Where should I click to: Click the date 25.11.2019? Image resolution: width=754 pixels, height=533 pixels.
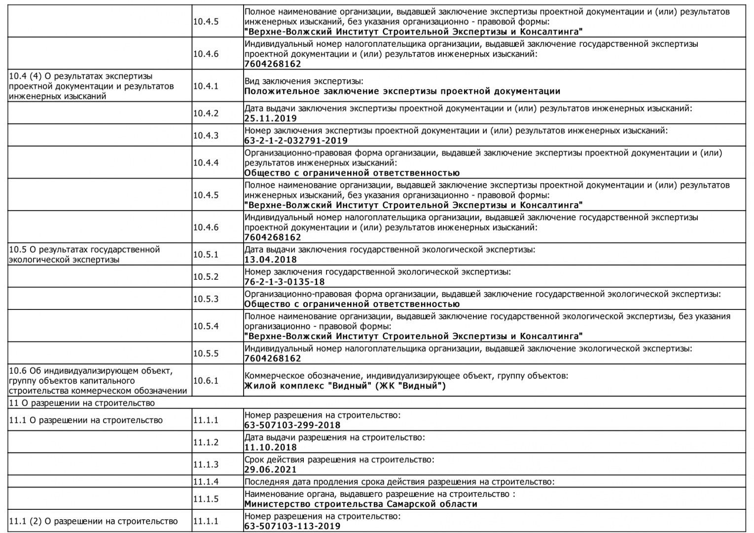[x=271, y=118]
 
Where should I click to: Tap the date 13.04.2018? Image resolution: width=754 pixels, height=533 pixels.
[x=271, y=260]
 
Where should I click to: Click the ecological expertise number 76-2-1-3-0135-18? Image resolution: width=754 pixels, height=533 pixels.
[x=285, y=282]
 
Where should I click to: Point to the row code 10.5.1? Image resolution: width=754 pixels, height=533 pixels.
[x=206, y=255]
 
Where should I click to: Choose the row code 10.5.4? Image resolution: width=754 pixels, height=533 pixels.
[x=206, y=326]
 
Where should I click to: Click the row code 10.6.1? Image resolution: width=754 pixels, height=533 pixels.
[x=206, y=381]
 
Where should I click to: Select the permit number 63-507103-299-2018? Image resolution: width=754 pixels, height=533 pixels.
[x=292, y=425]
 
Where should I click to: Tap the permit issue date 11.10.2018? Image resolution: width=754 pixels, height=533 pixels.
[x=271, y=447]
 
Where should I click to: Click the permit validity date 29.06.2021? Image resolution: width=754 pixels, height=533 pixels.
[x=271, y=469]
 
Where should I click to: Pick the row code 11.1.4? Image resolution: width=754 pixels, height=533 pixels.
[x=206, y=482]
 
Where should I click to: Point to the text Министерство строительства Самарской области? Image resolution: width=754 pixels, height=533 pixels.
[x=361, y=504]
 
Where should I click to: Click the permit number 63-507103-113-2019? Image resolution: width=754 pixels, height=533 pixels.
[x=292, y=526]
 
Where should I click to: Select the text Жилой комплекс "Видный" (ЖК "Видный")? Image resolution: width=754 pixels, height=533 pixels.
[x=345, y=385]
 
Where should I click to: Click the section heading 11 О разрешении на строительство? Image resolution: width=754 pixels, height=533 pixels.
[x=82, y=403]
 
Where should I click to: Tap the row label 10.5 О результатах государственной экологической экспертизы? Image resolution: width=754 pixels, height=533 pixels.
[x=84, y=255]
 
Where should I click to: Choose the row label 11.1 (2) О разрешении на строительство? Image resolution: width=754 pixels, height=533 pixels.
[x=93, y=521]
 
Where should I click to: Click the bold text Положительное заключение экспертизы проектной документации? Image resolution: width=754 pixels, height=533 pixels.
[x=402, y=91]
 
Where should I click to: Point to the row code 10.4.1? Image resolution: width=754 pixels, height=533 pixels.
[x=206, y=86]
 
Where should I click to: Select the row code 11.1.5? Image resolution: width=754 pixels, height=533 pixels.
[x=206, y=499]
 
